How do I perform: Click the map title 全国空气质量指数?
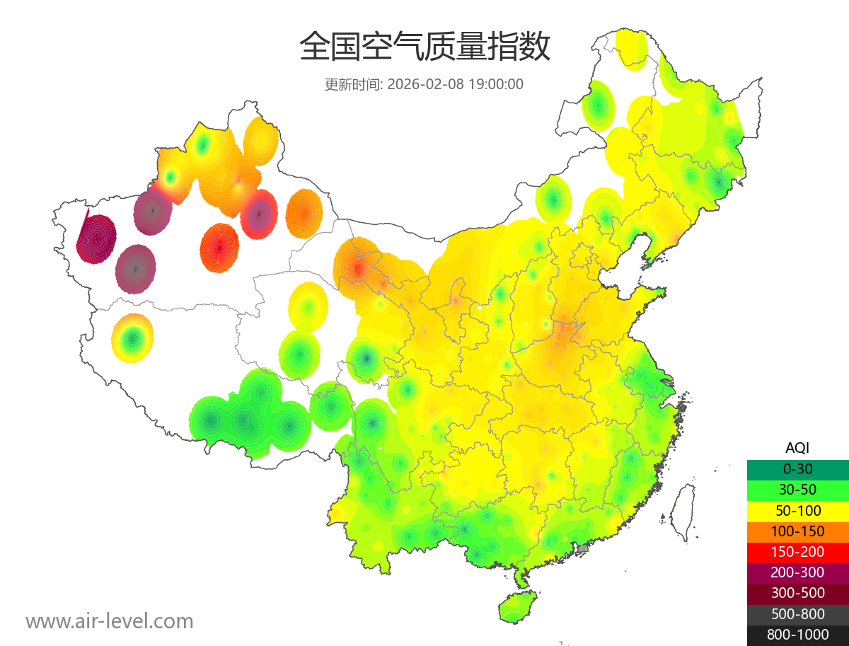(424, 47)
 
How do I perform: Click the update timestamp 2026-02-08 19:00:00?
(456, 84)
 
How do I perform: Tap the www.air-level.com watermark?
(110, 621)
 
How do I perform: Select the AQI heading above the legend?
(797, 447)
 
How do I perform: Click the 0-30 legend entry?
(797, 468)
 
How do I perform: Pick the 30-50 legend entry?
(797, 489)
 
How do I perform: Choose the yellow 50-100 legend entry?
(797, 510)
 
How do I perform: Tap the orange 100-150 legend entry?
(797, 531)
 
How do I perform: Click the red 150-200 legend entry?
(797, 551)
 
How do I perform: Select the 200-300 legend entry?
(797, 572)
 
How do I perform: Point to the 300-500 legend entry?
(797, 593)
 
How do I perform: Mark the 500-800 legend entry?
(797, 614)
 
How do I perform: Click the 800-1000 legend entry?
(797, 635)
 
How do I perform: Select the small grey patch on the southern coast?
(583, 548)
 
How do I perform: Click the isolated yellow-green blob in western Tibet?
(132, 338)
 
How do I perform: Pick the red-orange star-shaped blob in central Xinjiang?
(219, 248)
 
